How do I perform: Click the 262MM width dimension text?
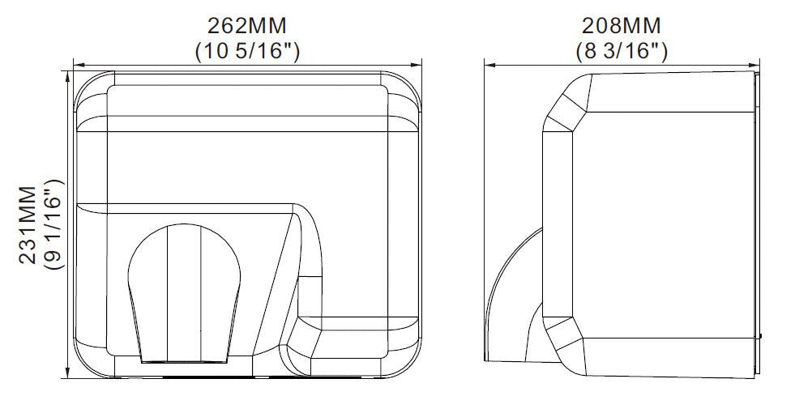tap(247, 25)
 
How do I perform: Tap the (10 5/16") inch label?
tap(247, 51)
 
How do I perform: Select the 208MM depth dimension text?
tap(621, 25)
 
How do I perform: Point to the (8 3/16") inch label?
tap(622, 51)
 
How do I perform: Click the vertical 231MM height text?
tap(28, 225)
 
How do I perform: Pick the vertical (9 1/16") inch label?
tap(54, 224)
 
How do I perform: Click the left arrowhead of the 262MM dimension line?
tap(79, 65)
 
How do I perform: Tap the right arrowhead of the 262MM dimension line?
tap(417, 65)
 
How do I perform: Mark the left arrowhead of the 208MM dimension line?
tap(489, 65)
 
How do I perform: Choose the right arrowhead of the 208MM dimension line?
tap(754, 65)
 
